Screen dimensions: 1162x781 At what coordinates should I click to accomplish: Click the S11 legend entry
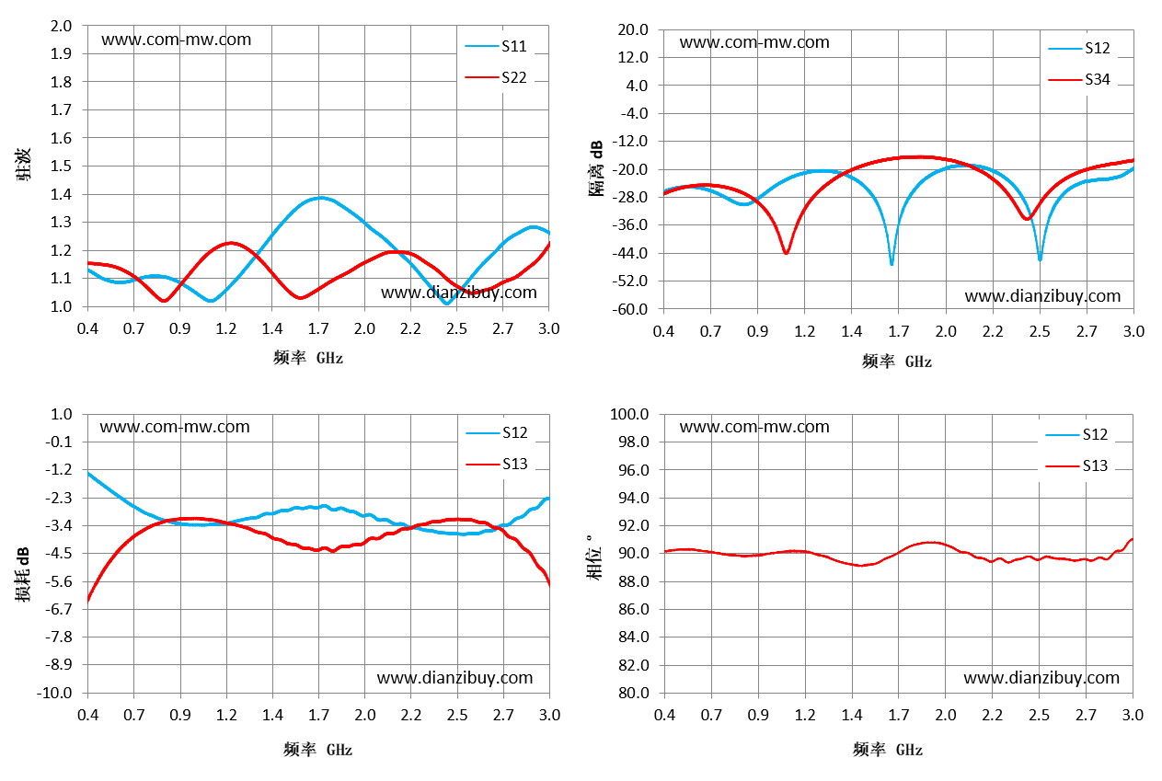[496, 46]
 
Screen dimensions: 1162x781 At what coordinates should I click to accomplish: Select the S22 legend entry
[496, 77]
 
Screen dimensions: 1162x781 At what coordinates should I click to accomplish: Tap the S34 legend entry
[1079, 79]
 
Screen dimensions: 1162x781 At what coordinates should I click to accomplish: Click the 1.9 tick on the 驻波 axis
[61, 53]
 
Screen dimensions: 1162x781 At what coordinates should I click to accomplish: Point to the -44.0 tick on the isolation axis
[630, 253]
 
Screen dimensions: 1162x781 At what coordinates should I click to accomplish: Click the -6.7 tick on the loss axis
[59, 609]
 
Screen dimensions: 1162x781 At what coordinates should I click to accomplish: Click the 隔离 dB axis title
[596, 168]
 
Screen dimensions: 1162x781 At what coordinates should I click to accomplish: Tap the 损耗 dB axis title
[22, 575]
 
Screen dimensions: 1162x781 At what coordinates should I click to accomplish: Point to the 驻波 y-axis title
[23, 164]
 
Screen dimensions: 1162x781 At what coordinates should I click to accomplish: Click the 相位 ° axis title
[594, 557]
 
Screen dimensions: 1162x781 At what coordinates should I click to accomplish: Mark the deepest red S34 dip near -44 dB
[786, 253]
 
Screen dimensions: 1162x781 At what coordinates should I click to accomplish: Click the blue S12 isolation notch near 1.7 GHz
[892, 263]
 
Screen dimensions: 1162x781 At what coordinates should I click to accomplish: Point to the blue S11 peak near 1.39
[321, 198]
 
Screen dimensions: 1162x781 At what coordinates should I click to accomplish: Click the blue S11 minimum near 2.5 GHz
[446, 303]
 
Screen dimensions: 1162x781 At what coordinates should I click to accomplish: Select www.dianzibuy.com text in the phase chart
[1041, 678]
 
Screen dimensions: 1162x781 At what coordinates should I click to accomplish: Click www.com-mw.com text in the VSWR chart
[177, 40]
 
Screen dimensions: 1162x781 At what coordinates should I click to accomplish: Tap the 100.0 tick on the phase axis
[629, 414]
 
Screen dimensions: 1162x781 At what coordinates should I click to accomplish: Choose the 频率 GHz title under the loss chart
[318, 750]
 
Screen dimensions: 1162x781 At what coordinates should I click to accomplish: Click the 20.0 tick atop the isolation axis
[633, 29]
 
